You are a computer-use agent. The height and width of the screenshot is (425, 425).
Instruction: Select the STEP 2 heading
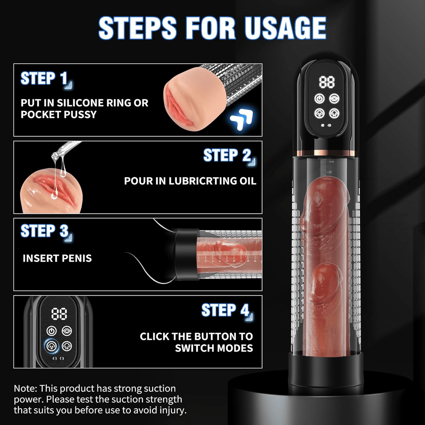[227, 155]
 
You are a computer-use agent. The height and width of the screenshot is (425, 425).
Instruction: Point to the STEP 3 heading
[45, 231]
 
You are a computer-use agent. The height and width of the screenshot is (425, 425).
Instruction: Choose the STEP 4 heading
[225, 310]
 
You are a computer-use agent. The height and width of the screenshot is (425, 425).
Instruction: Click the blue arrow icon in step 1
[241, 119]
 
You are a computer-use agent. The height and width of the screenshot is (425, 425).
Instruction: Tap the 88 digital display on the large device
[327, 82]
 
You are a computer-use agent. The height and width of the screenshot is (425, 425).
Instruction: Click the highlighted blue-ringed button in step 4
[51, 346]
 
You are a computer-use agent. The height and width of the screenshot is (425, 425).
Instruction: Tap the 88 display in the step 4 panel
[59, 314]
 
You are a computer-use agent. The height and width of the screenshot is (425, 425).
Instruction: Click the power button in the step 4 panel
[51, 331]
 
